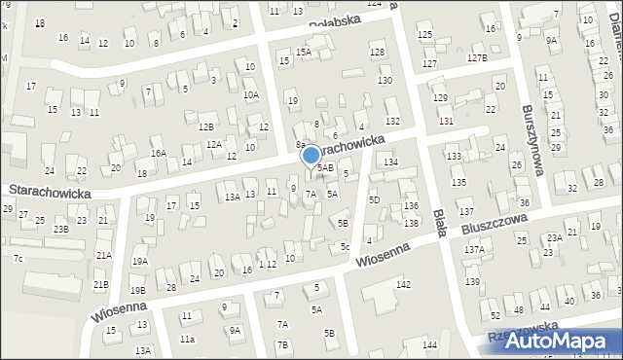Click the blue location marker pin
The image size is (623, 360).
pyautogui.click(x=311, y=155)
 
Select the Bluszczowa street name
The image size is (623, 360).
pyautogui.click(x=496, y=226)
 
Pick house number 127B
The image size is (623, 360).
pyautogui.click(x=476, y=58)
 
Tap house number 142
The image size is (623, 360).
pyautogui.click(x=403, y=284)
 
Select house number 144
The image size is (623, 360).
pyautogui.click(x=429, y=345)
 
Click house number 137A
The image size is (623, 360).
pyautogui.click(x=474, y=250)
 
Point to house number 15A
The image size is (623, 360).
pyautogui.click(x=304, y=52)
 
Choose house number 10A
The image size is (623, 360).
pyautogui.click(x=251, y=94)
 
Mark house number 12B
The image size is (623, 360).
pyautogui.click(x=206, y=126)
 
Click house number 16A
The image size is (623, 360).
pyautogui.click(x=158, y=153)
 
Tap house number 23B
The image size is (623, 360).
pyautogui.click(x=61, y=229)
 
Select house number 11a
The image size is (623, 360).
pyautogui.click(x=187, y=339)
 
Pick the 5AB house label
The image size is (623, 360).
pyautogui.click(x=325, y=168)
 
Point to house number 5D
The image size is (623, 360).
pyautogui.click(x=374, y=199)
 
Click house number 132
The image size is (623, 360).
pyautogui.click(x=392, y=121)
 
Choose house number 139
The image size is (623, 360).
pyautogui.click(x=472, y=281)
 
